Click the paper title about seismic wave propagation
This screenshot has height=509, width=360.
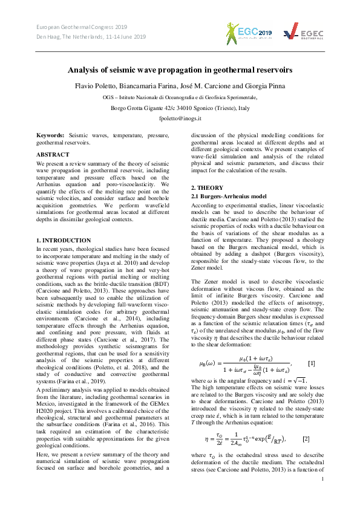click(180, 70)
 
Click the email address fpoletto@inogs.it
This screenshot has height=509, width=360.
click(180, 119)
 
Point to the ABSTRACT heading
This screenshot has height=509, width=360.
click(53, 155)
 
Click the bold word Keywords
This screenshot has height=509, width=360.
click(50, 136)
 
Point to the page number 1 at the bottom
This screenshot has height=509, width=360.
click(322, 496)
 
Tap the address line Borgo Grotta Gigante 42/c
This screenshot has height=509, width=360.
click(180, 108)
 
